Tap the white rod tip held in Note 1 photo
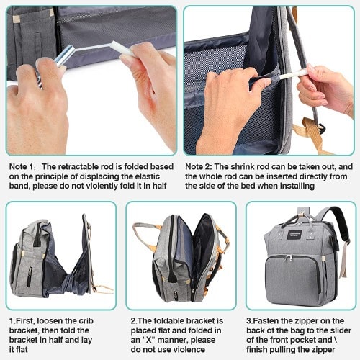click(120, 48)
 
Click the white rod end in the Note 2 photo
click(293, 73)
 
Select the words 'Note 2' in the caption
click(197, 167)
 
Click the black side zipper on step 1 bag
click(30, 276)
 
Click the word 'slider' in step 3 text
click(339, 330)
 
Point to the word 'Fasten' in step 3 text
click(266, 321)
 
